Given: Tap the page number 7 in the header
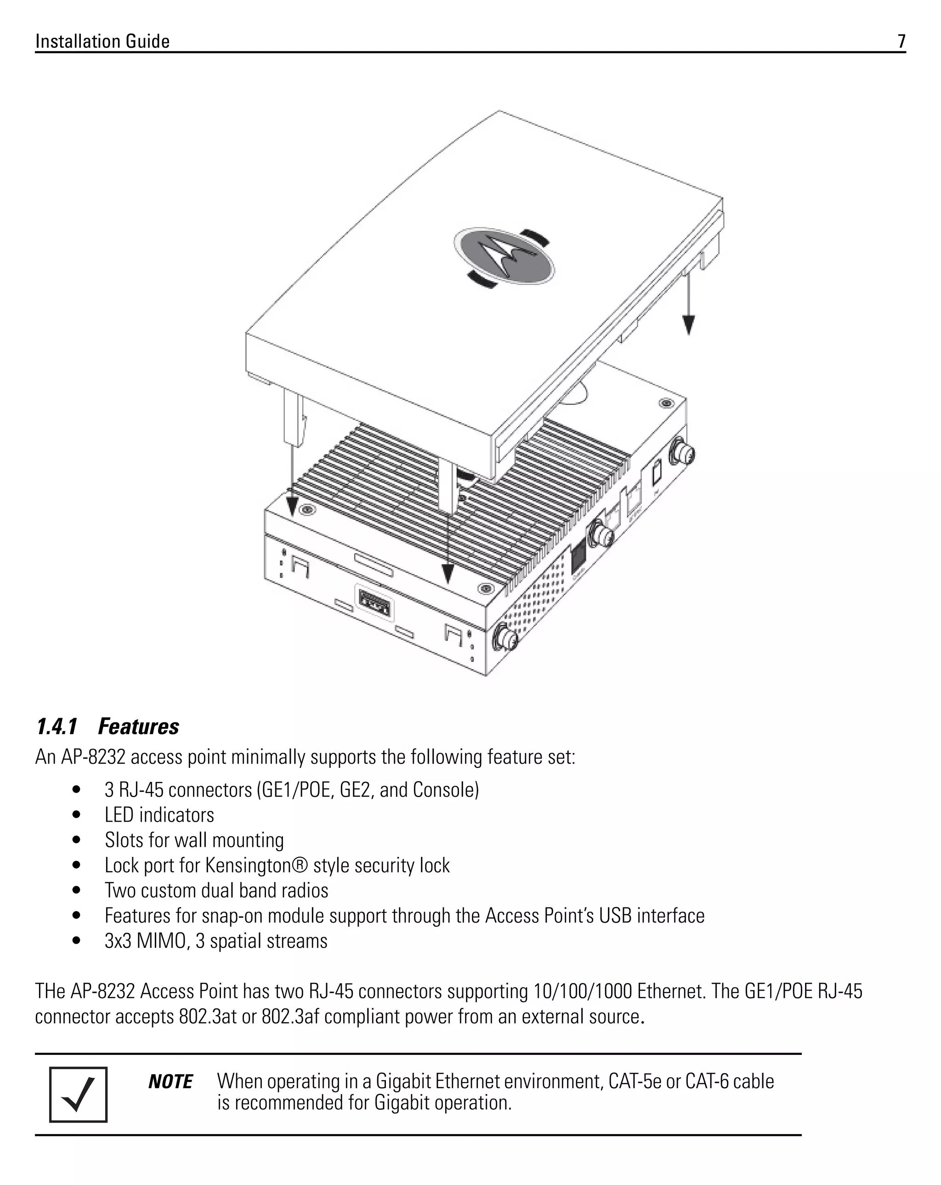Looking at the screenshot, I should (x=901, y=42).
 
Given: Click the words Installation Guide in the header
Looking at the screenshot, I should (x=102, y=42).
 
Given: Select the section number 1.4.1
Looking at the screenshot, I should (x=57, y=726).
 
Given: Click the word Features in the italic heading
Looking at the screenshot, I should (x=138, y=726).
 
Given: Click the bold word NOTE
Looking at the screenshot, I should (x=170, y=1082).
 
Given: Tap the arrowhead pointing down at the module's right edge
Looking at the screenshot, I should (x=688, y=325).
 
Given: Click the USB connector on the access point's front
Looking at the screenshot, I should (x=374, y=605).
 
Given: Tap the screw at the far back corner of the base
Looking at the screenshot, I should (x=667, y=403).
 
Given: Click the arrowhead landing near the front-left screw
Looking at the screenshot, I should (x=292, y=504).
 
